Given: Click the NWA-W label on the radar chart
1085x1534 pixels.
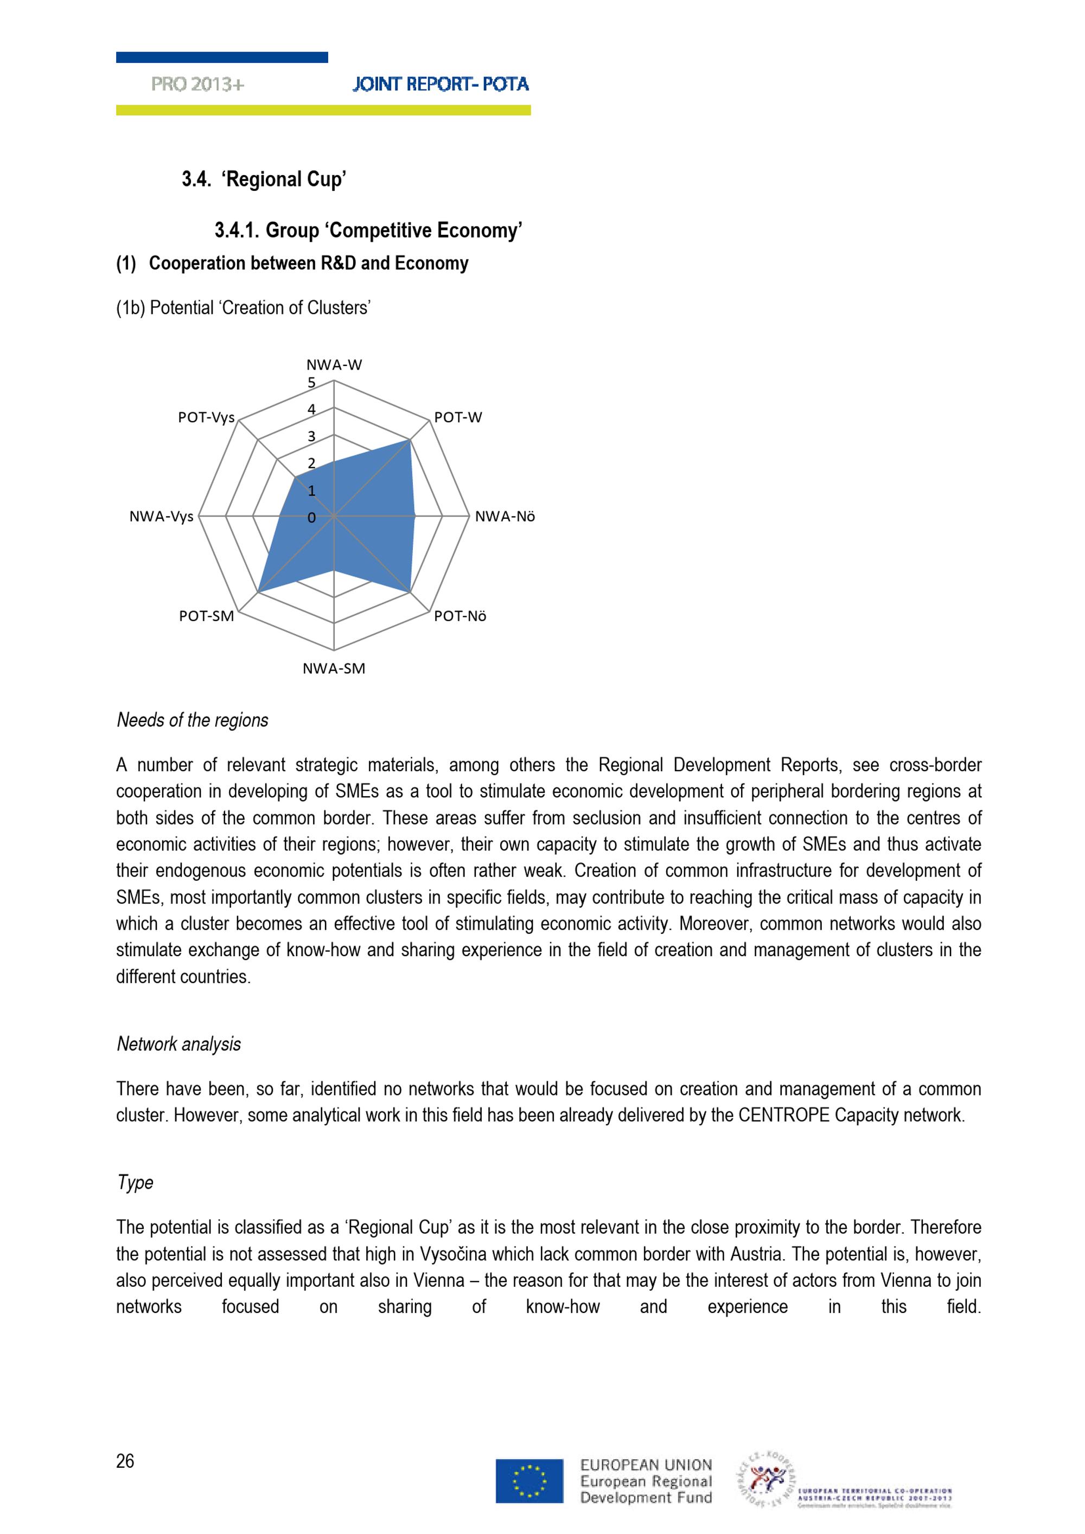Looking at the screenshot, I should [334, 365].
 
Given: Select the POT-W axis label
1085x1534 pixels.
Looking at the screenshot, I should [458, 417].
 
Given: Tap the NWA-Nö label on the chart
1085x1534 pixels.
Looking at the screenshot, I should [505, 517].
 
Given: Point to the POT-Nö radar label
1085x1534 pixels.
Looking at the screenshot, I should [460, 616].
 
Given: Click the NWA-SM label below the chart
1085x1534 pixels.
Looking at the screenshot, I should [334, 669].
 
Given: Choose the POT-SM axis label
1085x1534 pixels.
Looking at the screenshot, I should [207, 616].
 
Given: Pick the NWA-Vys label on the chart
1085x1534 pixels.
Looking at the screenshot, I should [161, 517].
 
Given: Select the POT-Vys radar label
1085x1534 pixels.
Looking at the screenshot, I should [206, 417].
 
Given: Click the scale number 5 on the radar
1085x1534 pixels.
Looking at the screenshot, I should [311, 383].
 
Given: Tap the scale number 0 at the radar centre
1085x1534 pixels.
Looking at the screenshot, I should [311, 517].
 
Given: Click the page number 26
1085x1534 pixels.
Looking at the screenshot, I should [125, 1461].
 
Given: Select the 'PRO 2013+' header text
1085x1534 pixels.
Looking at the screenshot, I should [198, 84].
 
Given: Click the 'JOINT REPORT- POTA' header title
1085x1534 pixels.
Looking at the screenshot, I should [441, 84].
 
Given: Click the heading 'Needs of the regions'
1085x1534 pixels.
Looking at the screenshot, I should [193, 720].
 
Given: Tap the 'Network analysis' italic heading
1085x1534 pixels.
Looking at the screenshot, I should [178, 1045].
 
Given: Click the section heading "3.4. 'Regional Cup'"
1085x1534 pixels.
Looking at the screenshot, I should [264, 179].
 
